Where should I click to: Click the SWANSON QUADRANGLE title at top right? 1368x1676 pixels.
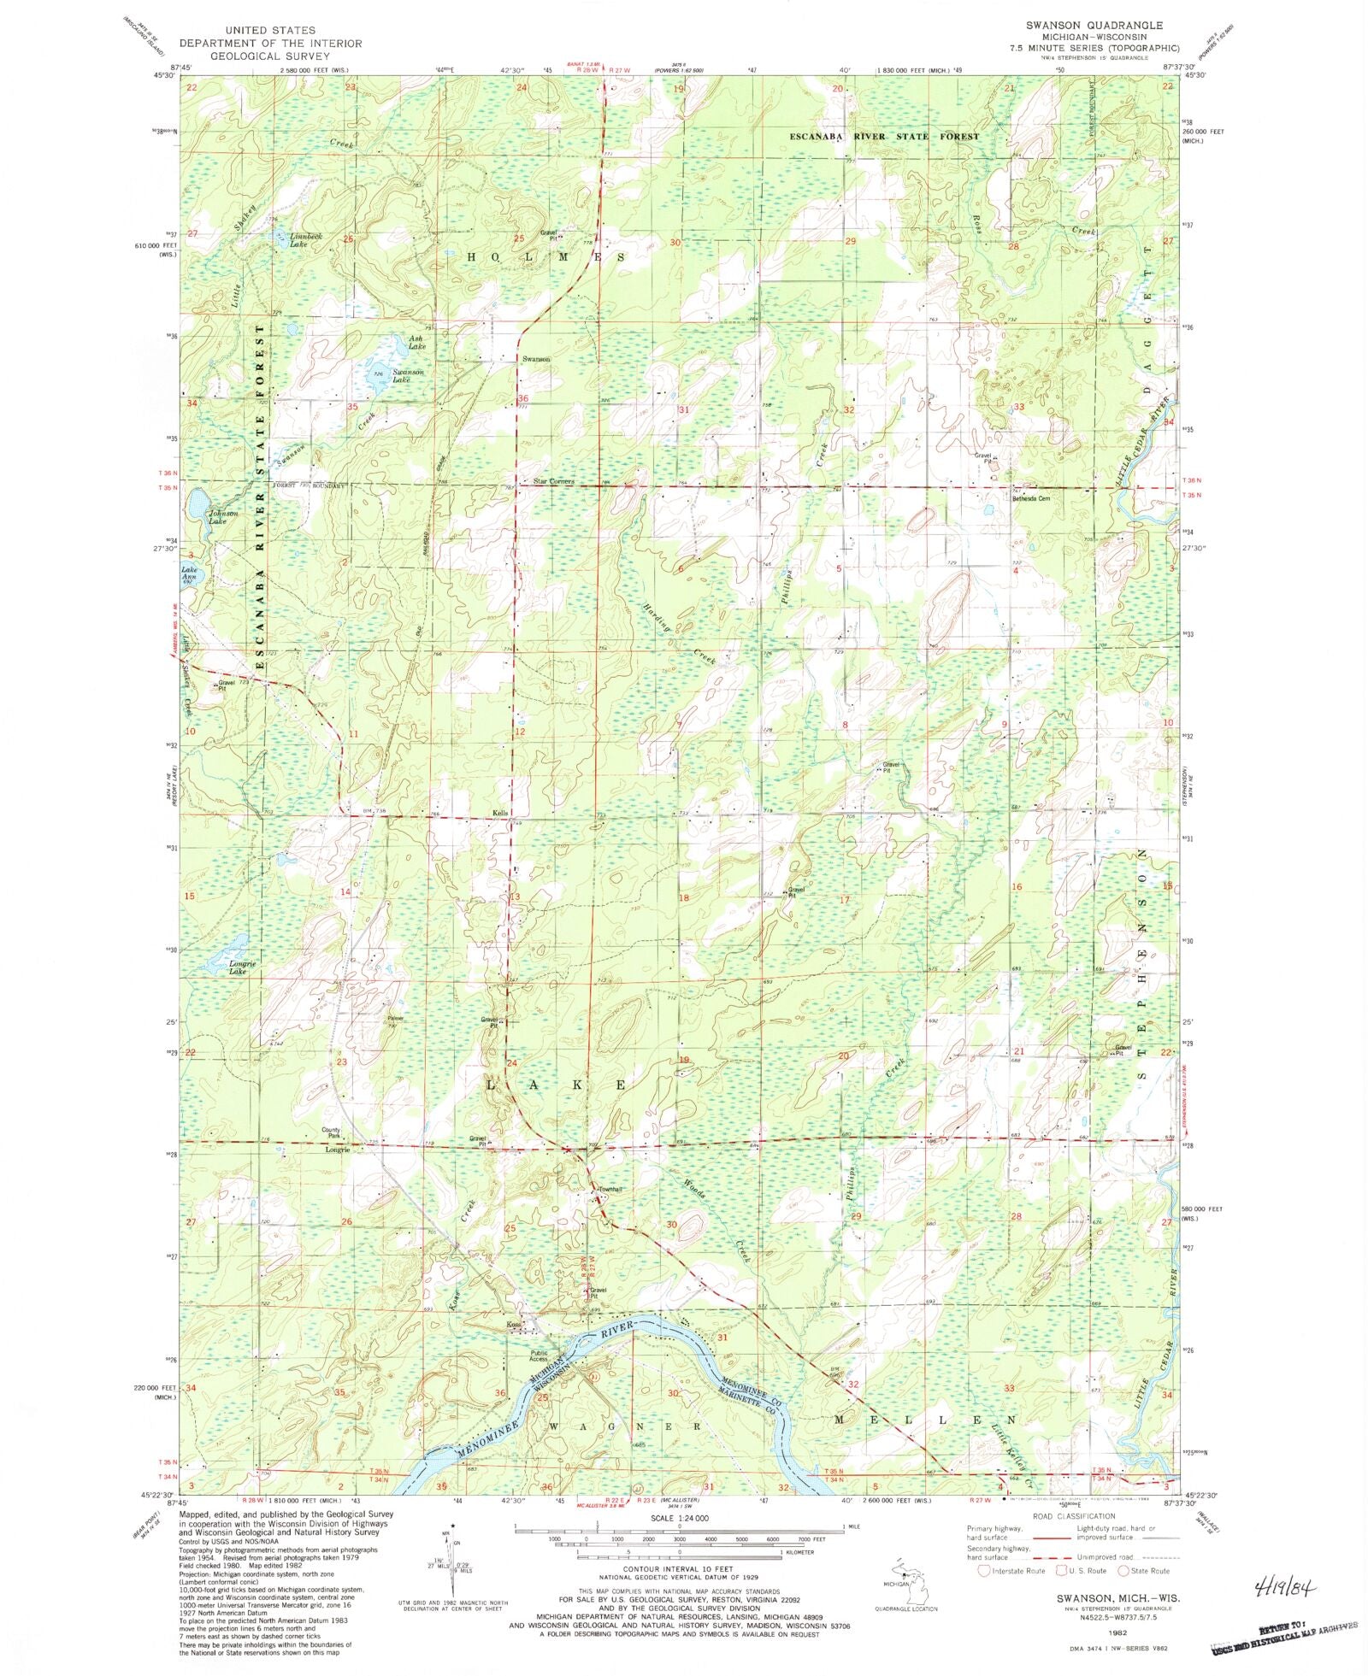tap(1085, 26)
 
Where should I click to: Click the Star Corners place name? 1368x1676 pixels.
tap(553, 481)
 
